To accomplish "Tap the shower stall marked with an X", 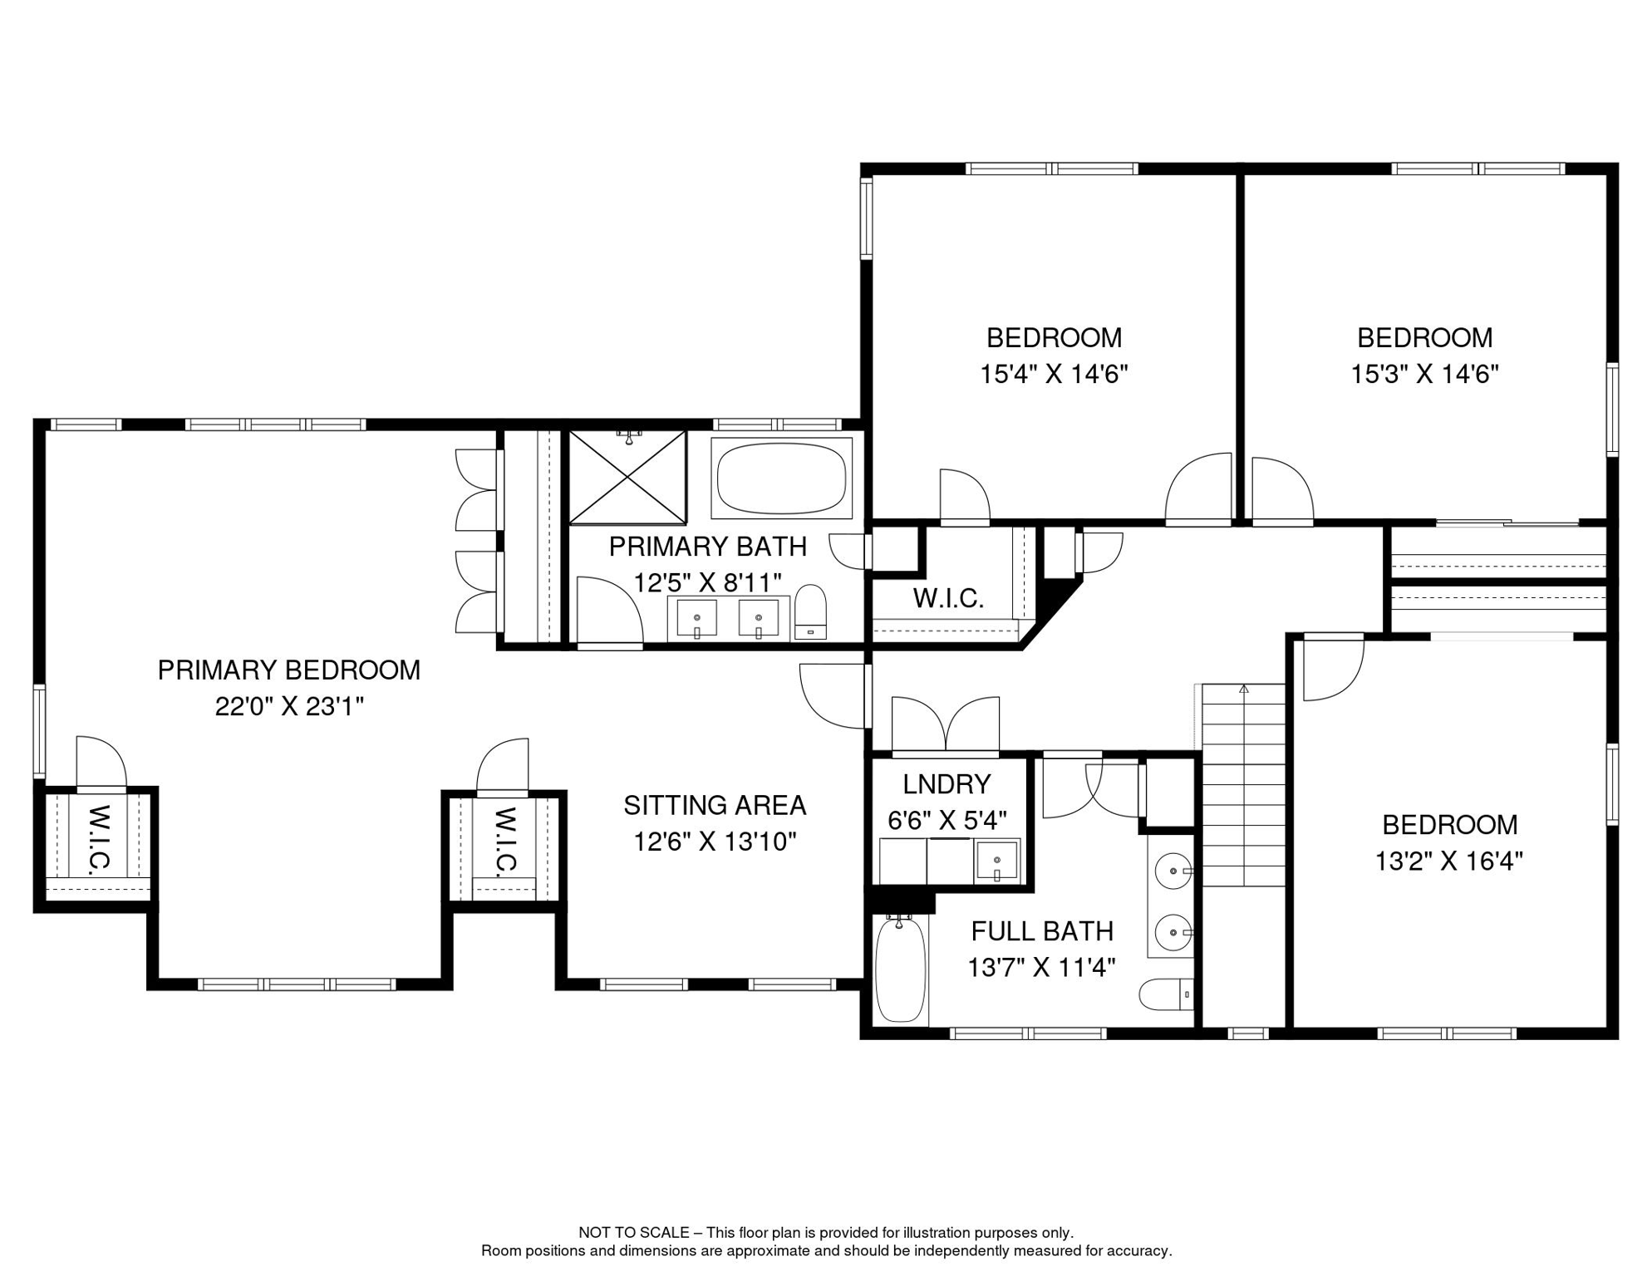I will tap(627, 478).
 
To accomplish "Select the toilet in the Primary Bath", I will tap(810, 611).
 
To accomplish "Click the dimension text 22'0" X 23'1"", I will tap(289, 707).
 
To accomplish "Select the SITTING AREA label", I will tap(715, 805).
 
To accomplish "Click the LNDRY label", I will tap(946, 784).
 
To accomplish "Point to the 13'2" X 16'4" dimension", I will tap(1448, 861).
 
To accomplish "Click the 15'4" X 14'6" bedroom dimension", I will tap(1054, 375).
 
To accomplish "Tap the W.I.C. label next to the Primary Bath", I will tap(948, 598).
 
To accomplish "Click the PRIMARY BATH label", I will tap(707, 547).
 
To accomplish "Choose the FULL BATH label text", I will tap(1042, 931).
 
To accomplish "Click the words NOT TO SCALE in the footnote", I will tap(633, 1233).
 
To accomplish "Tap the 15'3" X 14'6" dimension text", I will tap(1424, 375).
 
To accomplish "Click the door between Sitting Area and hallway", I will tap(833, 696).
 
